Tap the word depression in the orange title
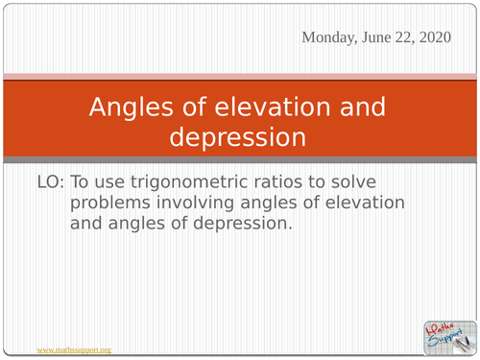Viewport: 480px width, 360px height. [x=239, y=136]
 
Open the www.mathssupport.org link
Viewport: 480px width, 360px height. [x=73, y=350]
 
